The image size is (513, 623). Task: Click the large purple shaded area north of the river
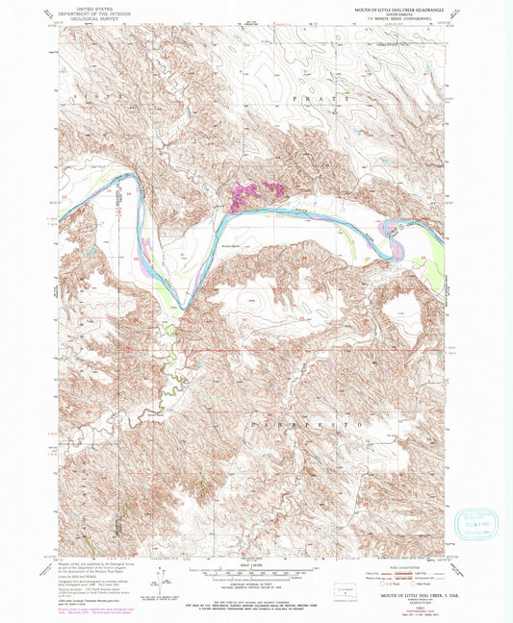(x=252, y=196)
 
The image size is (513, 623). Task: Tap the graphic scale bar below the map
(x=255, y=571)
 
